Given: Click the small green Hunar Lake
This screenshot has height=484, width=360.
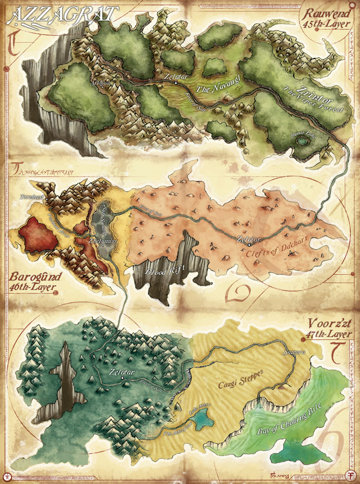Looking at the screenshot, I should [x=303, y=141].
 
